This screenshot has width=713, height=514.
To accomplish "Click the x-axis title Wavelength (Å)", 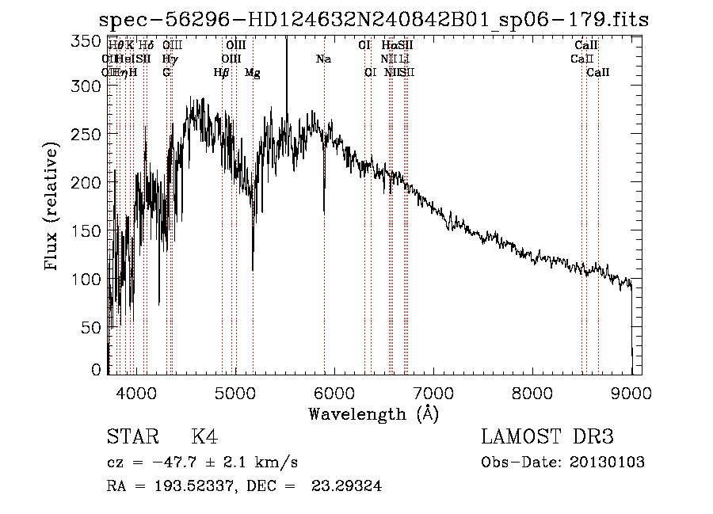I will coord(373,413).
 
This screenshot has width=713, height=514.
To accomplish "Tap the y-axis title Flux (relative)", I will coord(52,208).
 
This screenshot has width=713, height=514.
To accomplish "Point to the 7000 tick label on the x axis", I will coord(433,392).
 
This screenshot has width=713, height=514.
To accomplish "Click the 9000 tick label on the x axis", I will coord(631,392).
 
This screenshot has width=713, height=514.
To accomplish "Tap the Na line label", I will coord(323,59).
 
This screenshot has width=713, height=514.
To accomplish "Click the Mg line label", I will coord(253,73).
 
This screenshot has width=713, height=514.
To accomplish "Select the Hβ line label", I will coord(222,73).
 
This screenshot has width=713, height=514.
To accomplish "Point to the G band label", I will coord(166,73).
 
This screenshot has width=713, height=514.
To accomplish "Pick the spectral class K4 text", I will coord(204,437).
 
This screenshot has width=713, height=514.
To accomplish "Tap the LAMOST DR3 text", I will coord(547,437).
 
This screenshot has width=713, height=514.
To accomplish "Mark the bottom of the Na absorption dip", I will coord(323,212).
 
